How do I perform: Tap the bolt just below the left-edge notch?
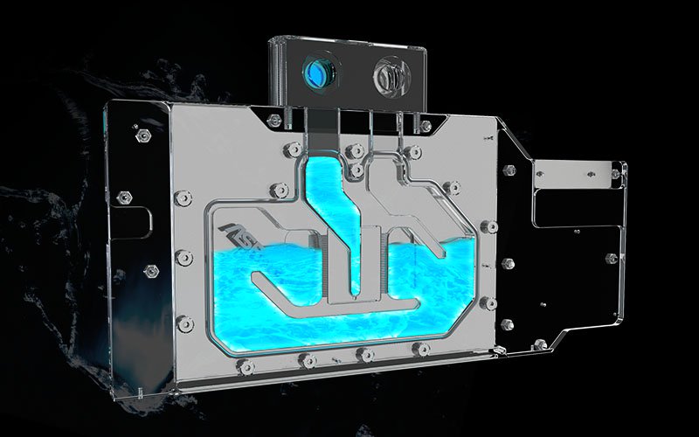pos(183,259)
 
